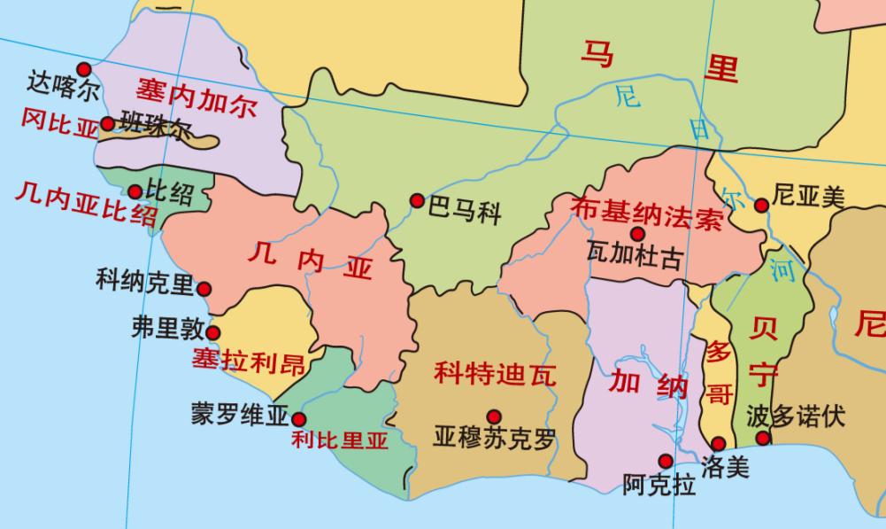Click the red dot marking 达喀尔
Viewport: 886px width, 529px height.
click(x=84, y=69)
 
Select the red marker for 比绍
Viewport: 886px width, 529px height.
click(x=135, y=191)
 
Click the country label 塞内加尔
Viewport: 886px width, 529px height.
click(x=196, y=97)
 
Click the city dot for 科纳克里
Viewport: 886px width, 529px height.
click(x=204, y=288)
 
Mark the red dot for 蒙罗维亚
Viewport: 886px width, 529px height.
click(x=299, y=419)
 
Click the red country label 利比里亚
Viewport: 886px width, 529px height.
click(x=341, y=440)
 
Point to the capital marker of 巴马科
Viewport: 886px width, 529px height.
click(x=416, y=201)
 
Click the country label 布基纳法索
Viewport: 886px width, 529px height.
click(x=647, y=214)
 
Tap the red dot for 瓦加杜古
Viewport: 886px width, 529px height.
click(x=637, y=234)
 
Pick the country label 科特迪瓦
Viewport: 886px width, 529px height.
click(x=495, y=374)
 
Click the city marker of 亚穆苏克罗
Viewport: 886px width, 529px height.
click(x=494, y=416)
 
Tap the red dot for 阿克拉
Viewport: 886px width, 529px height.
click(x=665, y=460)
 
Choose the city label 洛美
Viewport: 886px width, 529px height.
click(x=724, y=466)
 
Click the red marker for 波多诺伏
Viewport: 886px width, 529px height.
click(x=763, y=437)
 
